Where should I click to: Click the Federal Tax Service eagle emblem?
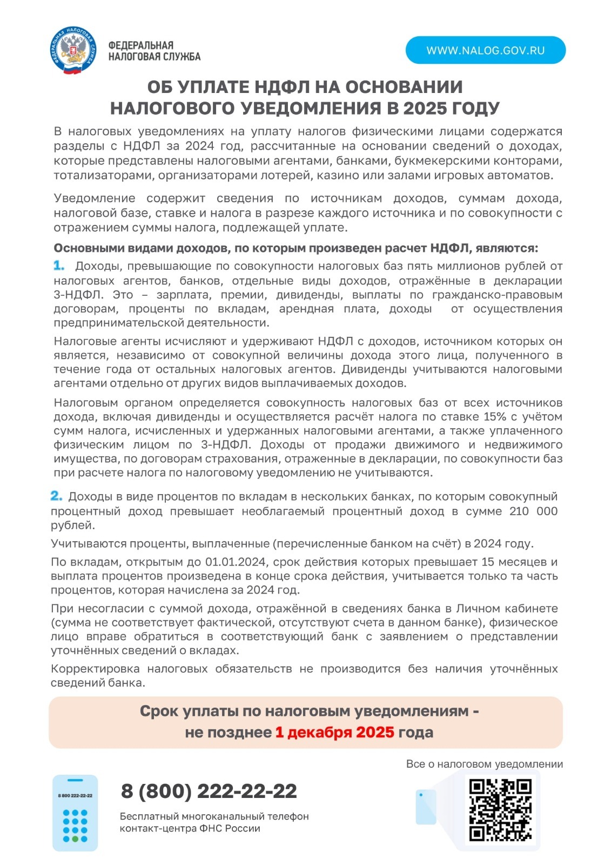coord(74,50)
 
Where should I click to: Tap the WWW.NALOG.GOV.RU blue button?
coord(485,50)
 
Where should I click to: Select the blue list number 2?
coord(56,496)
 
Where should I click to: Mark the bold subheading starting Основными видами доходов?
coord(295,248)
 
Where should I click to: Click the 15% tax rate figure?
coord(495,417)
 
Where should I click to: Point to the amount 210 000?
coord(533,511)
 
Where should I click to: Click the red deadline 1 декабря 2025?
coord(334,733)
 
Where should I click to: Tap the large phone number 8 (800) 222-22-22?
coord(209,791)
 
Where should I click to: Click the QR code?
coord(500,809)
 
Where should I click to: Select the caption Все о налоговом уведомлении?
coord(484,764)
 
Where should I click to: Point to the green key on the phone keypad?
coord(75,839)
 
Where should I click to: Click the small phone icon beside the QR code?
coord(425,807)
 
